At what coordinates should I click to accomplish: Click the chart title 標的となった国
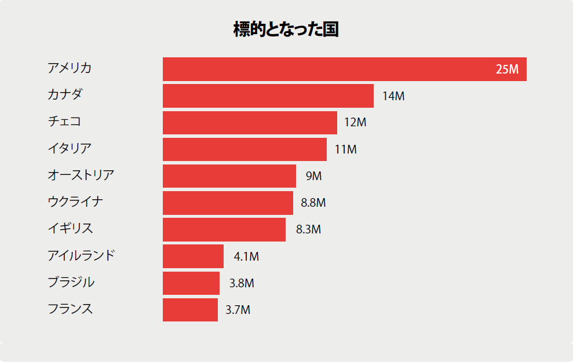pos(286,29)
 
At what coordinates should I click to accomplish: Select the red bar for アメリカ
pos(345,69)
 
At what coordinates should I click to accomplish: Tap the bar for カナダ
pos(268,96)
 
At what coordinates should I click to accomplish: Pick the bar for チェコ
pos(250,123)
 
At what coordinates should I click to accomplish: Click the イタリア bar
pos(245,149)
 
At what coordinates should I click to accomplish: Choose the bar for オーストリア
pos(229,176)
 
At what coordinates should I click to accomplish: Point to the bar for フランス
pos(191,310)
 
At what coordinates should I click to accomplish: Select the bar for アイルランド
pos(194,257)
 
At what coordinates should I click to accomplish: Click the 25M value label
pos(507,69)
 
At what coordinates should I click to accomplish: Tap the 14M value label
pos(393,96)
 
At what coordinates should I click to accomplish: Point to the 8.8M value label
pos(313,203)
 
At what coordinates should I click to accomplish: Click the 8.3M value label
pos(308,229)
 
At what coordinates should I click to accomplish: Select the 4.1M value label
pos(246,257)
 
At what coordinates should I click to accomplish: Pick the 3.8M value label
pos(242,283)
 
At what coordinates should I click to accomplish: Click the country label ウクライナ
pos(75,202)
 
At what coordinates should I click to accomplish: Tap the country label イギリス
pos(70,228)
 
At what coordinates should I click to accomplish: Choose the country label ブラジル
pos(71,282)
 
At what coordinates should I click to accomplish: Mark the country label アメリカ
pos(70,68)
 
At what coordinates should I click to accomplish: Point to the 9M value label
pos(313,176)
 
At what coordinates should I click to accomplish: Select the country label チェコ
pos(64,121)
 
